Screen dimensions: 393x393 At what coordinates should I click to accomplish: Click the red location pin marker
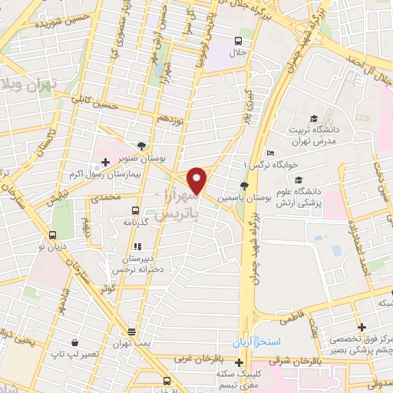pos(198,180)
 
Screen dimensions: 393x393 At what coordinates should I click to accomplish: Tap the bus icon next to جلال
pos(239,40)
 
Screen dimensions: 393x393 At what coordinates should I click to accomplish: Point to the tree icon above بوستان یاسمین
pos(244,186)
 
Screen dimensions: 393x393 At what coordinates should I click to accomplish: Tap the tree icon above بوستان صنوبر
pos(140,145)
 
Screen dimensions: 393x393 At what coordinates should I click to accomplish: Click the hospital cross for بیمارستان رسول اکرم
pos(106,163)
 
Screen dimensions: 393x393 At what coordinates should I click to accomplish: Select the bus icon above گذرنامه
pos(136,210)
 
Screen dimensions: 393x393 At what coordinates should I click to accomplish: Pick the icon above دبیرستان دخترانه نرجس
pos(137,246)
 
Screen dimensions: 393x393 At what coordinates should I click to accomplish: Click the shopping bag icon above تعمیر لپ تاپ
pos(74,343)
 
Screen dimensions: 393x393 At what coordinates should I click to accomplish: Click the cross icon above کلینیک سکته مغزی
pos(239,362)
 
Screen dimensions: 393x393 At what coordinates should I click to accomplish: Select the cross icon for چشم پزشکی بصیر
pos(361,328)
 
